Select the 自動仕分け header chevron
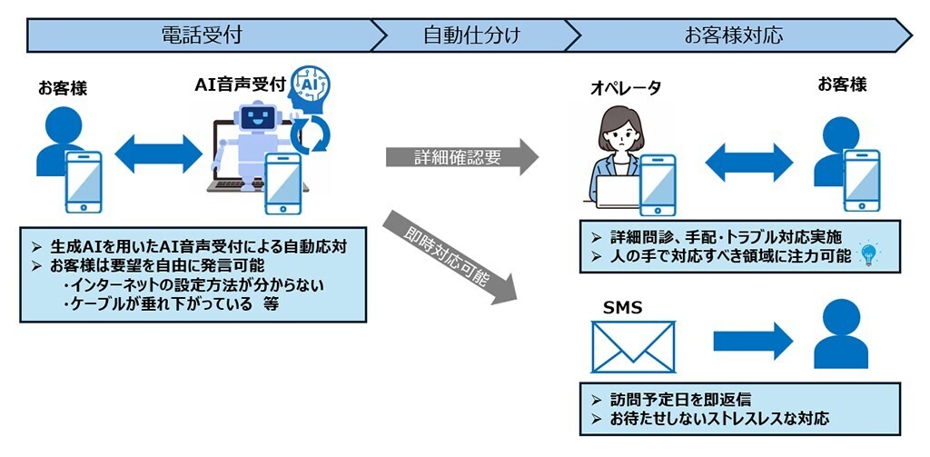471,35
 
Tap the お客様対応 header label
733,35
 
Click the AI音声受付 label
240,84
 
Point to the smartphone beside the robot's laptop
282,182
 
